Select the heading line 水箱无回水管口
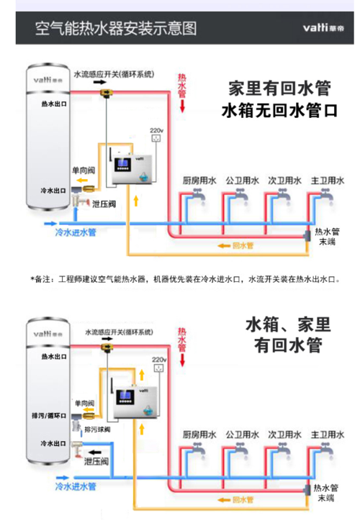(279, 112)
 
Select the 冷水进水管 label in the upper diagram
(76, 233)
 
